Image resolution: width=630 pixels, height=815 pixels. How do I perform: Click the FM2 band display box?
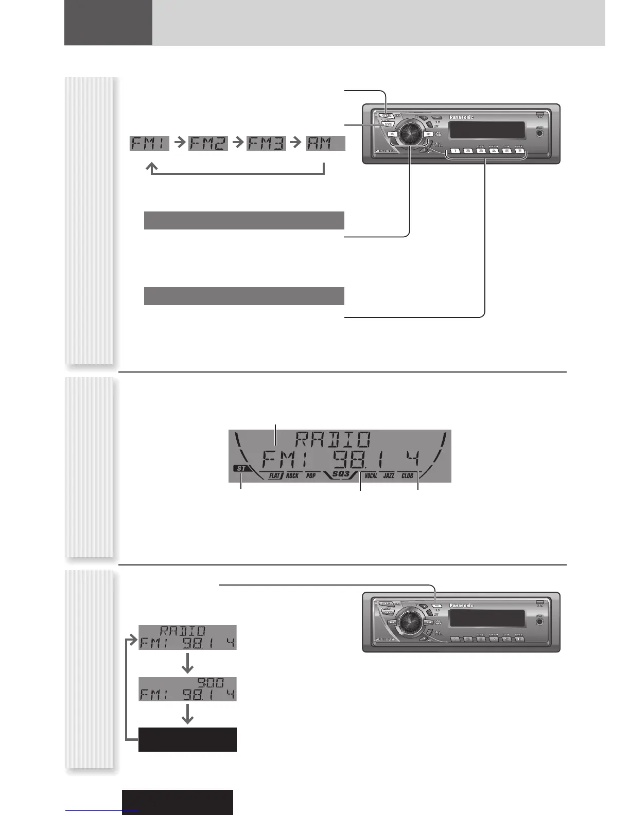pyautogui.click(x=208, y=143)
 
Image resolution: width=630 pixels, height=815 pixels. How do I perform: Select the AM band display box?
pyautogui.click(x=325, y=143)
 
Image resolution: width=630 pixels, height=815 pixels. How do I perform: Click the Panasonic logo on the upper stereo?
pyautogui.click(x=461, y=117)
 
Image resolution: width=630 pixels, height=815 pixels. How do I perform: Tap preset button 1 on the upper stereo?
pyautogui.click(x=456, y=151)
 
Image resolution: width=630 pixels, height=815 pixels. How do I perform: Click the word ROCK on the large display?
pyautogui.click(x=292, y=475)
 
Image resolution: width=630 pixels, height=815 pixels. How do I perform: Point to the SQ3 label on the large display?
pyautogui.click(x=341, y=473)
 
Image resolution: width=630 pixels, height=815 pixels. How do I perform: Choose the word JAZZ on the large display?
pyautogui.click(x=389, y=475)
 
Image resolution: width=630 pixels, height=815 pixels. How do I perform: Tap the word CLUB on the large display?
pyautogui.click(x=407, y=475)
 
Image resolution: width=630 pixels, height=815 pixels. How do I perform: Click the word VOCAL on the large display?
pyautogui.click(x=371, y=475)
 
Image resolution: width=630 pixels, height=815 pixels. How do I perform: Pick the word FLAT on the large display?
pyautogui.click(x=274, y=475)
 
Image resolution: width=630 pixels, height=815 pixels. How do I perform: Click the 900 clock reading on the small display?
pyautogui.click(x=211, y=683)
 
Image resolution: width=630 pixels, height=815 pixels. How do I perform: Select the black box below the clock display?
pyautogui.click(x=187, y=739)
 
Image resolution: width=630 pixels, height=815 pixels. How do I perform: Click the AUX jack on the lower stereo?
pyautogui.click(x=539, y=622)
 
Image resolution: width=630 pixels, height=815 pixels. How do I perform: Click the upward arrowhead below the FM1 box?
pyautogui.click(x=152, y=167)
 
